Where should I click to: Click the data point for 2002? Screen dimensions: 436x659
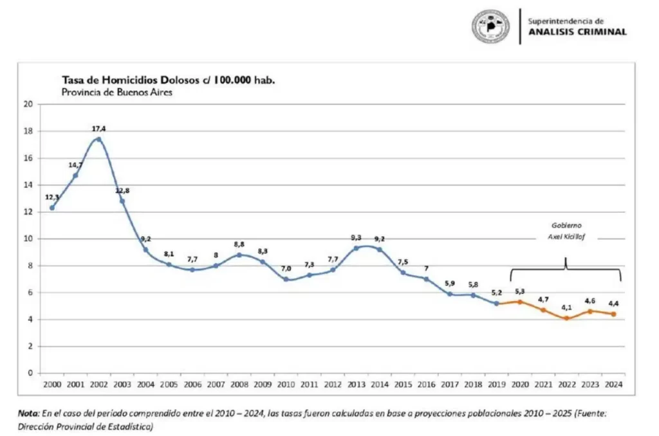tap(98, 139)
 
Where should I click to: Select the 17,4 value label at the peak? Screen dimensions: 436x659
tap(98, 129)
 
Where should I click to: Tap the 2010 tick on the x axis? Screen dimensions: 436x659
tap(286, 385)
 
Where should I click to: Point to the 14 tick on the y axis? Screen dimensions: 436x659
tap(28, 185)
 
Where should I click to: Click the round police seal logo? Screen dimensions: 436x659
tap(491, 26)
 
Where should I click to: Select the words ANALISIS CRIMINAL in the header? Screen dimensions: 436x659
tap(577, 32)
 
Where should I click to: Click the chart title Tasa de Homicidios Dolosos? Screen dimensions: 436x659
tap(172, 80)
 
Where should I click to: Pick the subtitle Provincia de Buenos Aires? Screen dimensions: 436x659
tap(116, 92)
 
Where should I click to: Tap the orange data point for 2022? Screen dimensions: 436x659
tap(566, 318)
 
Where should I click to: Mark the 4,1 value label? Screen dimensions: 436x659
tap(566, 307)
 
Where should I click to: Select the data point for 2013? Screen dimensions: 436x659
tap(356, 248)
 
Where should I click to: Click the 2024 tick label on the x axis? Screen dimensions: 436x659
tap(613, 385)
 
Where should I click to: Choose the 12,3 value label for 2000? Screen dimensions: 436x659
tap(52, 197)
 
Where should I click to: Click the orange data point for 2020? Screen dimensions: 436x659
tap(519, 302)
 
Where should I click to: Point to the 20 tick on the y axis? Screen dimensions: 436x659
tap(28, 104)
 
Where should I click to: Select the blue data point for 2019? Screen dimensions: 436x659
tap(496, 303)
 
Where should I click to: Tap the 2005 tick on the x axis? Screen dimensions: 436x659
tap(169, 385)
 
